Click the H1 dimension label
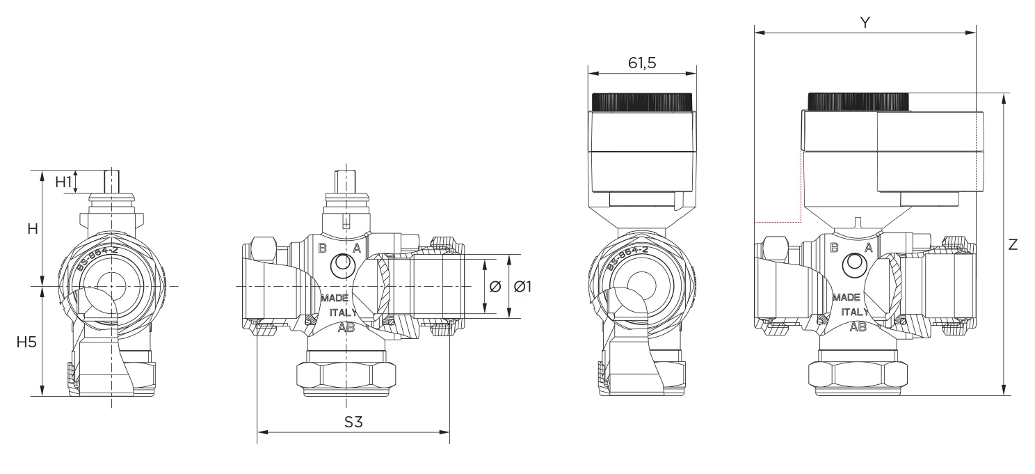coord(64,182)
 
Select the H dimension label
coord(33,228)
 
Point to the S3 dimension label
coord(354,422)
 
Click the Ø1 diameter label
coord(522,286)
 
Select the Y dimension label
coord(865,22)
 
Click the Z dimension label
coord(1013,244)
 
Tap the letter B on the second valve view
coord(322,248)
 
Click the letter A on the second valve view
coord(356,248)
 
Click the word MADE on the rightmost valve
coord(846,297)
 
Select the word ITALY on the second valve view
coord(344,313)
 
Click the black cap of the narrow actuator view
coord(642,102)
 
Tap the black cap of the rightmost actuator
coord(858,102)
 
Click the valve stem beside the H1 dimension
coord(110,182)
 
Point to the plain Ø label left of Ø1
coord(495,286)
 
